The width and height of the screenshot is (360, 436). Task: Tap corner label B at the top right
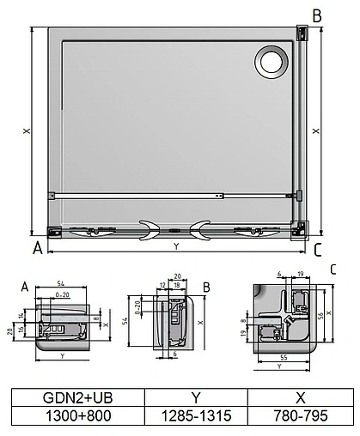(x=317, y=15)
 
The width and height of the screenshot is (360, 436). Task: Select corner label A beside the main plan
(x=37, y=249)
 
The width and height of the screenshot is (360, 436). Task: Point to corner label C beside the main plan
(x=317, y=250)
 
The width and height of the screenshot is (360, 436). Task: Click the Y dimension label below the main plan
(x=176, y=246)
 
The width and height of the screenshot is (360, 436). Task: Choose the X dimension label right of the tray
(x=317, y=131)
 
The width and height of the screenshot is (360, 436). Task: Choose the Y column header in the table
(x=195, y=398)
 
